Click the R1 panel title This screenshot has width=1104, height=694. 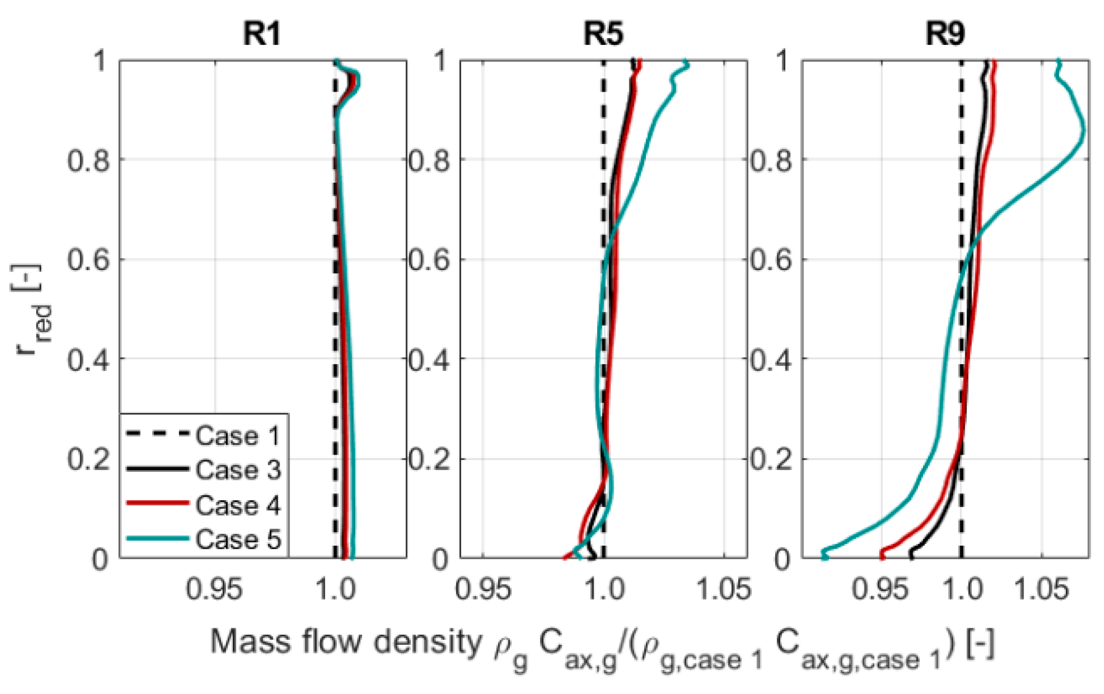coord(262,33)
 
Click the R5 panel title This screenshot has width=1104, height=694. coord(603,33)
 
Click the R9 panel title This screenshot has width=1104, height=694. coord(945,33)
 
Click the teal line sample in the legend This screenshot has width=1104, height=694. coord(157,539)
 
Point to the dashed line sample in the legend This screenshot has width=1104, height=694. coord(157,434)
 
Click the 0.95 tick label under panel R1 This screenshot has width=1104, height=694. coord(215,589)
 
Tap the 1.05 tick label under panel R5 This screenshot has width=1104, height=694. coord(723,589)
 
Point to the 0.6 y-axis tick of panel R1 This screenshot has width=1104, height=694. coord(89,260)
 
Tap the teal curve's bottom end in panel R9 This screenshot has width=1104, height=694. coord(824,556)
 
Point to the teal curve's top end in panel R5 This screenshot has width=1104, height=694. coord(687,63)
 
